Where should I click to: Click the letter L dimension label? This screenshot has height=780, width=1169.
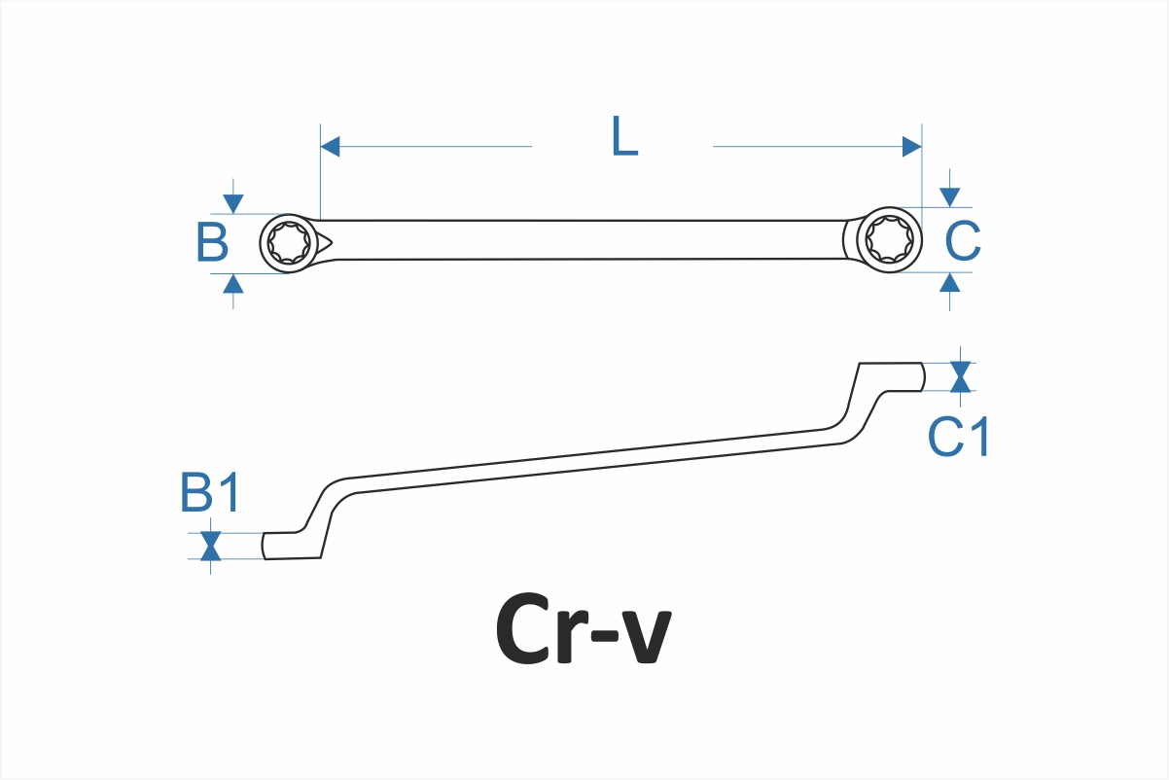(624, 138)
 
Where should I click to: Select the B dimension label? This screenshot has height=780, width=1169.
(212, 243)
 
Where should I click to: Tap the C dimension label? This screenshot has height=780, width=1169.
(963, 242)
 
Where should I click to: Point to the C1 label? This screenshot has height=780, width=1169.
(958, 437)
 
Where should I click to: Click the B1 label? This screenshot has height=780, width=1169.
(210, 494)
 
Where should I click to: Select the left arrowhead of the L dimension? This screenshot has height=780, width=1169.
(330, 147)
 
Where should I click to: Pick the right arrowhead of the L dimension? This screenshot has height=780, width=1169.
(911, 147)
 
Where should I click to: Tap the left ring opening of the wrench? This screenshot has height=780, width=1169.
(290, 242)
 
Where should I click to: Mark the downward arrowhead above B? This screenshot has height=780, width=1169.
(232, 203)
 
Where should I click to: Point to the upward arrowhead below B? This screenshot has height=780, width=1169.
(232, 283)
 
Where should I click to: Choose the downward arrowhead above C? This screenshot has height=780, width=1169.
(950, 197)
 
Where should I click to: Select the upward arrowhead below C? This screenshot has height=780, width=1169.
(950, 282)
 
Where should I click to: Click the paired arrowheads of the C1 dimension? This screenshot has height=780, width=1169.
(960, 376)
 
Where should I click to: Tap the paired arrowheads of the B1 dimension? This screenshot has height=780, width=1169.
(210, 546)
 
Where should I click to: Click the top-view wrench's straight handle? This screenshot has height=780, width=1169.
(584, 240)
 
